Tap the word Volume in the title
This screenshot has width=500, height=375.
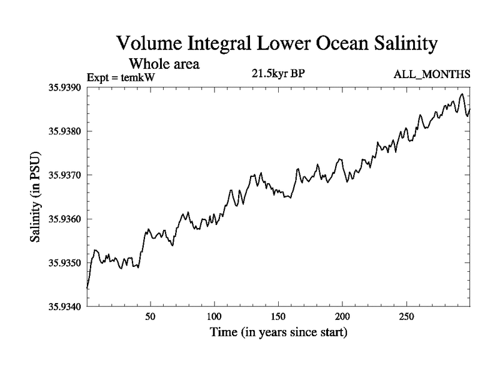click(x=149, y=44)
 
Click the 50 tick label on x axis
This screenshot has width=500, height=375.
click(x=150, y=316)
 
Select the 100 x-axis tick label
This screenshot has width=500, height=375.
click(x=214, y=316)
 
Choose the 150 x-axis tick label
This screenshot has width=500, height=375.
click(x=278, y=316)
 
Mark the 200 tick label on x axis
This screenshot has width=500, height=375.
click(x=342, y=316)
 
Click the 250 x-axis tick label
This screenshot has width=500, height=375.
click(x=406, y=316)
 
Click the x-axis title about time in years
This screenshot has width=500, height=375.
click(x=278, y=332)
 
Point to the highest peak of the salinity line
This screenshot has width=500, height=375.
click(x=462, y=94)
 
